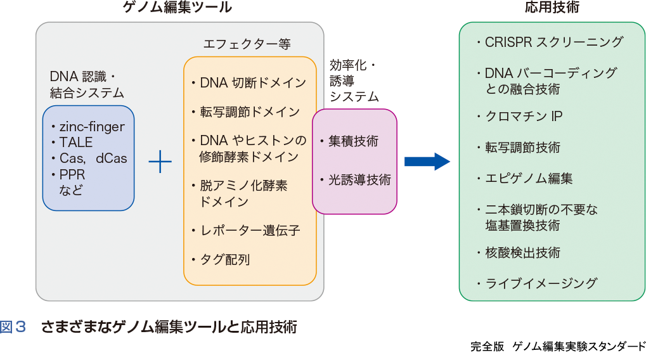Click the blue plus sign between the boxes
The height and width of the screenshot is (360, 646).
[x=160, y=163]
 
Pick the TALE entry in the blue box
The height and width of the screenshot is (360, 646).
[x=75, y=143]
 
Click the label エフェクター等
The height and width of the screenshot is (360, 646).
[x=247, y=44]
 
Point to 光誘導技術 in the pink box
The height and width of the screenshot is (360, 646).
[x=359, y=180]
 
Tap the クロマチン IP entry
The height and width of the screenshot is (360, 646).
[x=524, y=117]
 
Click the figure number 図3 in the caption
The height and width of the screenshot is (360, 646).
[x=14, y=328]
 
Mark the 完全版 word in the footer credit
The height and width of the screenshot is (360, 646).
[x=487, y=347]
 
